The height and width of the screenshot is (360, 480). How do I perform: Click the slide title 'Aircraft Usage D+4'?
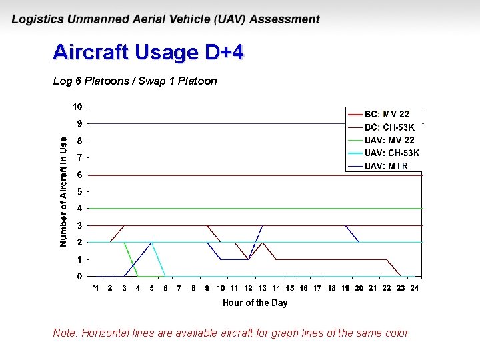click(148, 53)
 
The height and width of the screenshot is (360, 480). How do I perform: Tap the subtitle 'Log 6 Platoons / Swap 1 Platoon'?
click(135, 81)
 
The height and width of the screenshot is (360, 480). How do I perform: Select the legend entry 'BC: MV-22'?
click(387, 114)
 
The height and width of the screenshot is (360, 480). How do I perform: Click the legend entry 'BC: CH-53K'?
click(389, 127)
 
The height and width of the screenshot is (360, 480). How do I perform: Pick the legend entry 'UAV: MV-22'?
click(389, 140)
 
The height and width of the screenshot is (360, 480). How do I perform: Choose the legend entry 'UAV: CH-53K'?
click(392, 153)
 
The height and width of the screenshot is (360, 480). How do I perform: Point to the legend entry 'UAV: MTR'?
click(386, 166)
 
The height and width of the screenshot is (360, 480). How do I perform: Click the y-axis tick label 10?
click(77, 107)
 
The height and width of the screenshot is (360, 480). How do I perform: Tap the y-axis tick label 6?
click(79, 175)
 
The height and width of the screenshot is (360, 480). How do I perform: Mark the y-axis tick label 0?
click(79, 276)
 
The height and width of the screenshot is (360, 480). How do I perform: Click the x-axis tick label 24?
click(414, 288)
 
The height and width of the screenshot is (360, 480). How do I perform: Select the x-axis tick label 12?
click(248, 288)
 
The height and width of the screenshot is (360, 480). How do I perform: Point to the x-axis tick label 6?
click(165, 288)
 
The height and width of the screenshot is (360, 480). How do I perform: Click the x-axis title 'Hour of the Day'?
click(255, 303)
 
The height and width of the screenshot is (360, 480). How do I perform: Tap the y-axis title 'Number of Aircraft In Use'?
click(63, 191)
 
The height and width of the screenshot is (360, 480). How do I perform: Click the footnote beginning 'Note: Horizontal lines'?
click(231, 333)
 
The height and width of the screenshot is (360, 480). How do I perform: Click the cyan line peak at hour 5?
click(151, 243)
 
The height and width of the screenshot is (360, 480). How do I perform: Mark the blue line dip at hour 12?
click(249, 259)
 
